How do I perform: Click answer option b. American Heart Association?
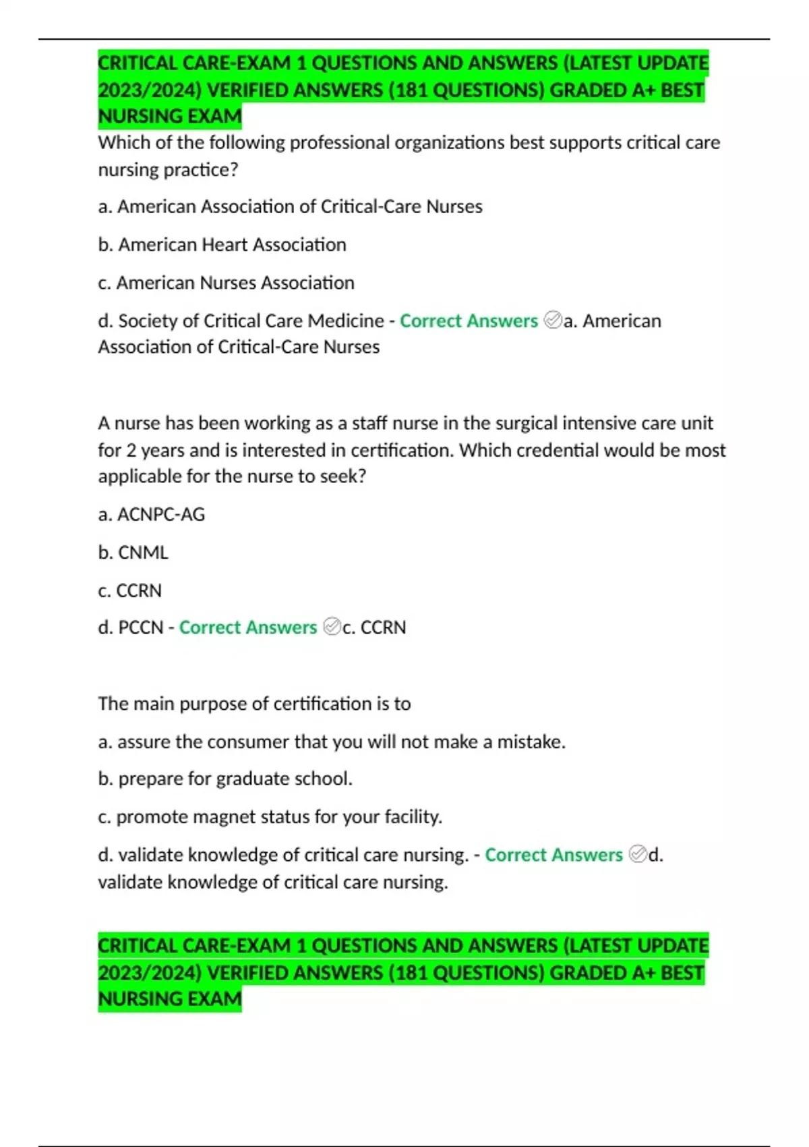click(x=222, y=244)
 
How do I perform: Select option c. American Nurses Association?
click(x=226, y=282)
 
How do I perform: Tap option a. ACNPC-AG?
click(x=151, y=514)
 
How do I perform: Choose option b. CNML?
click(x=133, y=552)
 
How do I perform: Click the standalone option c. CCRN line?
click(x=129, y=590)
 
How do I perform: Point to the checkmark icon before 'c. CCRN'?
click(x=332, y=627)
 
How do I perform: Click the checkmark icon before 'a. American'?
click(x=552, y=320)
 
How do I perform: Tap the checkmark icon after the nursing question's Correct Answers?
click(x=637, y=854)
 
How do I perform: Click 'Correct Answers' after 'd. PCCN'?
click(x=247, y=627)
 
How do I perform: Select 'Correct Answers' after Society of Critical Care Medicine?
click(x=469, y=320)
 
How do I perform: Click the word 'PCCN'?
click(x=141, y=627)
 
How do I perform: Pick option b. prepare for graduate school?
click(x=225, y=779)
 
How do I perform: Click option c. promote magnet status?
click(x=270, y=816)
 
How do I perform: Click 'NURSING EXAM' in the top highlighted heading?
click(x=169, y=116)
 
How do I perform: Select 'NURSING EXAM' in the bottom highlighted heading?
click(x=169, y=999)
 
